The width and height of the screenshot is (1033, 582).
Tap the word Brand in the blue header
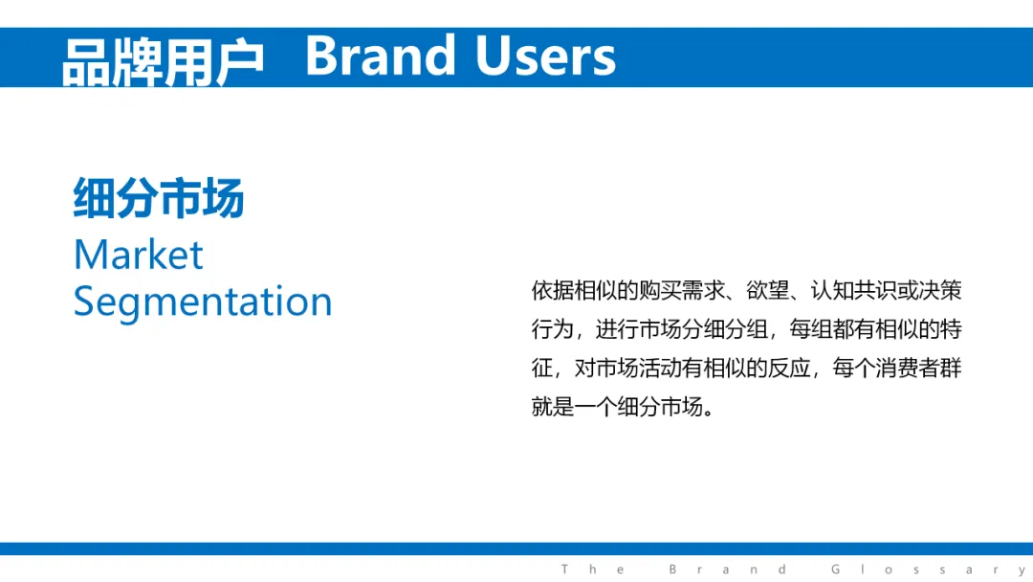point(380,56)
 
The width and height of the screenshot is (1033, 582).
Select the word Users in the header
point(545,56)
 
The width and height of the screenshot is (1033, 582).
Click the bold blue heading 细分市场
point(158,197)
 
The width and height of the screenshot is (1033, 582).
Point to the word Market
point(139,255)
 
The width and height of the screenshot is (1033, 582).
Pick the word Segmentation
point(203,302)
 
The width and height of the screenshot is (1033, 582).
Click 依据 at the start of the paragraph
point(553,290)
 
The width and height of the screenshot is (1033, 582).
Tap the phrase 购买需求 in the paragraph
point(682,290)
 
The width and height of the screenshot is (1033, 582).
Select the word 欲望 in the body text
point(767,290)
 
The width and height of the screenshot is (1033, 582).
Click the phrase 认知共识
point(853,290)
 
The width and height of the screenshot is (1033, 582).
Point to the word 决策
point(940,290)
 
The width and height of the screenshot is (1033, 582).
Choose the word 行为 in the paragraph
point(553,329)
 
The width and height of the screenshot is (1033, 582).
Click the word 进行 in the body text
point(617,329)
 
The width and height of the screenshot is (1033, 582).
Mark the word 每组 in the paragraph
point(811,329)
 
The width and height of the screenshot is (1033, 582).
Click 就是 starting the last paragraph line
point(553,407)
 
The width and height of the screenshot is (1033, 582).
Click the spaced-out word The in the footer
point(592,570)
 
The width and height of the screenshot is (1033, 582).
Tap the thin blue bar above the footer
point(516,549)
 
